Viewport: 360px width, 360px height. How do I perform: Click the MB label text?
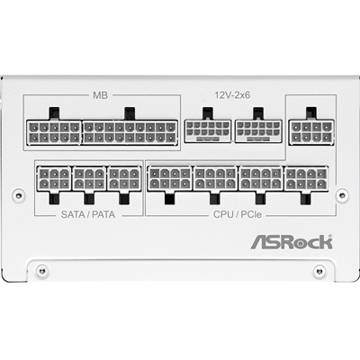[x=100, y=95]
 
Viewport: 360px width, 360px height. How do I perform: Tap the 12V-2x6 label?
[x=232, y=95]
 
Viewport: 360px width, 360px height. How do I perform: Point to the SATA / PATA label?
[x=88, y=214]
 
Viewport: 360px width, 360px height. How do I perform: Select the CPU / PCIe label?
[x=238, y=214]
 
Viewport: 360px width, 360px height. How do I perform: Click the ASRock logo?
[x=292, y=242]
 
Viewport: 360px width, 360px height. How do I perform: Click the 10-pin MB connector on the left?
[x=54, y=132]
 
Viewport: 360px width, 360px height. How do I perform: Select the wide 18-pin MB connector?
[x=130, y=132]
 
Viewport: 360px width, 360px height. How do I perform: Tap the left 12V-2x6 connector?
[x=208, y=131]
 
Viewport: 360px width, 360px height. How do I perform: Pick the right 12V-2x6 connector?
[x=258, y=131]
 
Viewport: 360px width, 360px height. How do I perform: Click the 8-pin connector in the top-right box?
[x=311, y=132]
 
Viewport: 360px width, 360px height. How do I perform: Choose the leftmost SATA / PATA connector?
[x=54, y=178]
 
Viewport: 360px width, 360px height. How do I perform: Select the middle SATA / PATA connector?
[x=89, y=178]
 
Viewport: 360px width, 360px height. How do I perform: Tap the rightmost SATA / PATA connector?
[x=124, y=178]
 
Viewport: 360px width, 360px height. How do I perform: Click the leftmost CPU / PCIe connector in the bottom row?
[x=169, y=178]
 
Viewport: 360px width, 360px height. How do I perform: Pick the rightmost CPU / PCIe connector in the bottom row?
[x=306, y=178]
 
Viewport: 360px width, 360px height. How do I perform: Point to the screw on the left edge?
[x=19, y=195]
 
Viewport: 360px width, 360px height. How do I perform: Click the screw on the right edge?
[x=342, y=195]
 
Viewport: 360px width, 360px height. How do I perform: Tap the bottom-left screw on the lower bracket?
[x=42, y=271]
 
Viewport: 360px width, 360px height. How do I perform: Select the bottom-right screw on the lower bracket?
[x=319, y=271]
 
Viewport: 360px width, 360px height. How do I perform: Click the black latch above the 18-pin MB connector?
[x=130, y=113]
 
